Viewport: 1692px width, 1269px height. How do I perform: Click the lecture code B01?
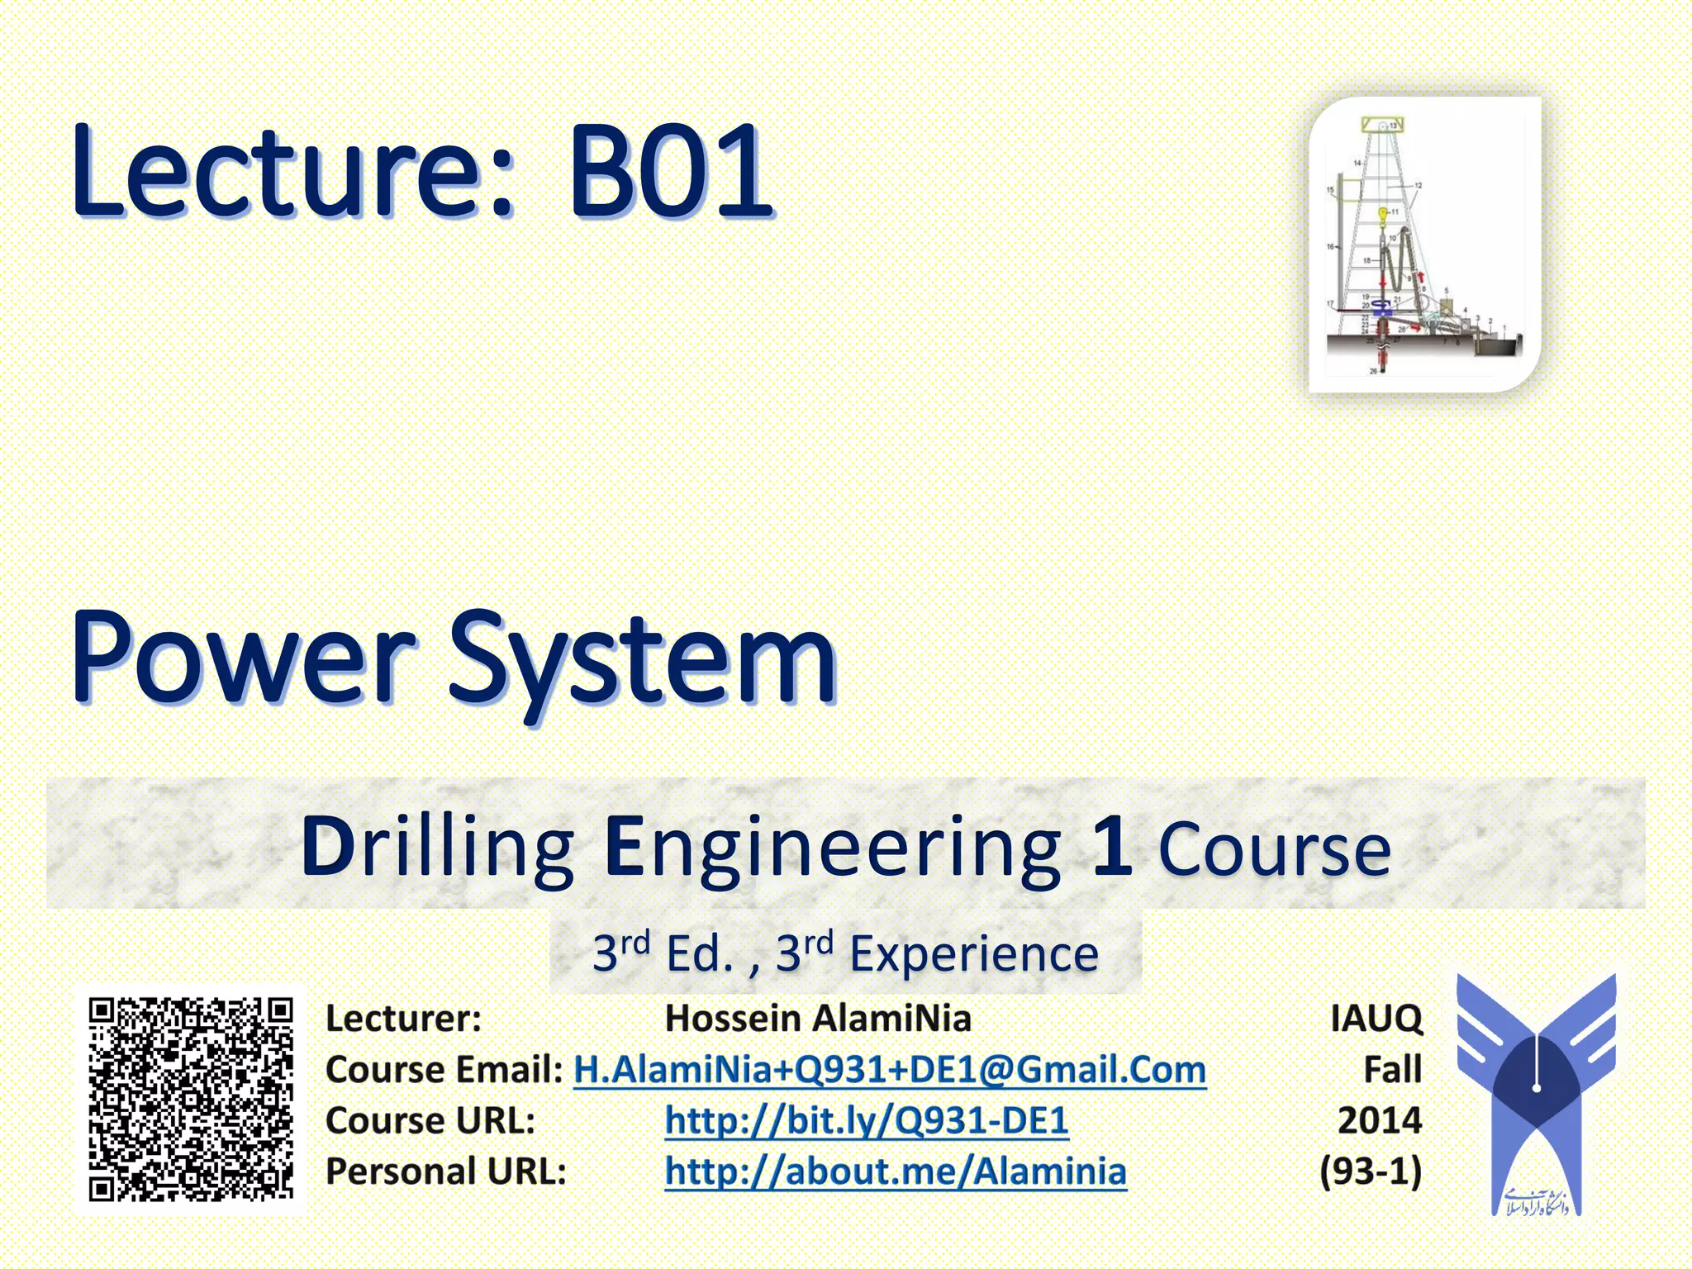click(x=669, y=171)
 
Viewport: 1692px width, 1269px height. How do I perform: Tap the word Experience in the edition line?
click(x=974, y=954)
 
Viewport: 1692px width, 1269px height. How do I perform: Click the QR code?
click(x=191, y=1100)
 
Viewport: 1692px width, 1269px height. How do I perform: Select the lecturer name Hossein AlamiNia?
click(x=818, y=1018)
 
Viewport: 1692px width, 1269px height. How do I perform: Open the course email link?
click(x=890, y=1069)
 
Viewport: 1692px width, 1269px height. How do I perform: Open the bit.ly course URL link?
click(x=867, y=1120)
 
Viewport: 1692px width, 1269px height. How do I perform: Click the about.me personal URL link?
click(x=896, y=1171)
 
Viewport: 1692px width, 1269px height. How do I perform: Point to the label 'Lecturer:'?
click(x=403, y=1018)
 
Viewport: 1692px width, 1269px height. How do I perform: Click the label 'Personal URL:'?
click(x=446, y=1171)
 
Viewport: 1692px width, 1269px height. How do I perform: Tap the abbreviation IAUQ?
click(x=1376, y=1018)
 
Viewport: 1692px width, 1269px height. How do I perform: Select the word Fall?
click(x=1392, y=1069)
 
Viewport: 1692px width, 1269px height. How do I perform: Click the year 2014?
click(x=1380, y=1120)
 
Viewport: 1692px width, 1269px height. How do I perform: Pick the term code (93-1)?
click(x=1371, y=1171)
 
